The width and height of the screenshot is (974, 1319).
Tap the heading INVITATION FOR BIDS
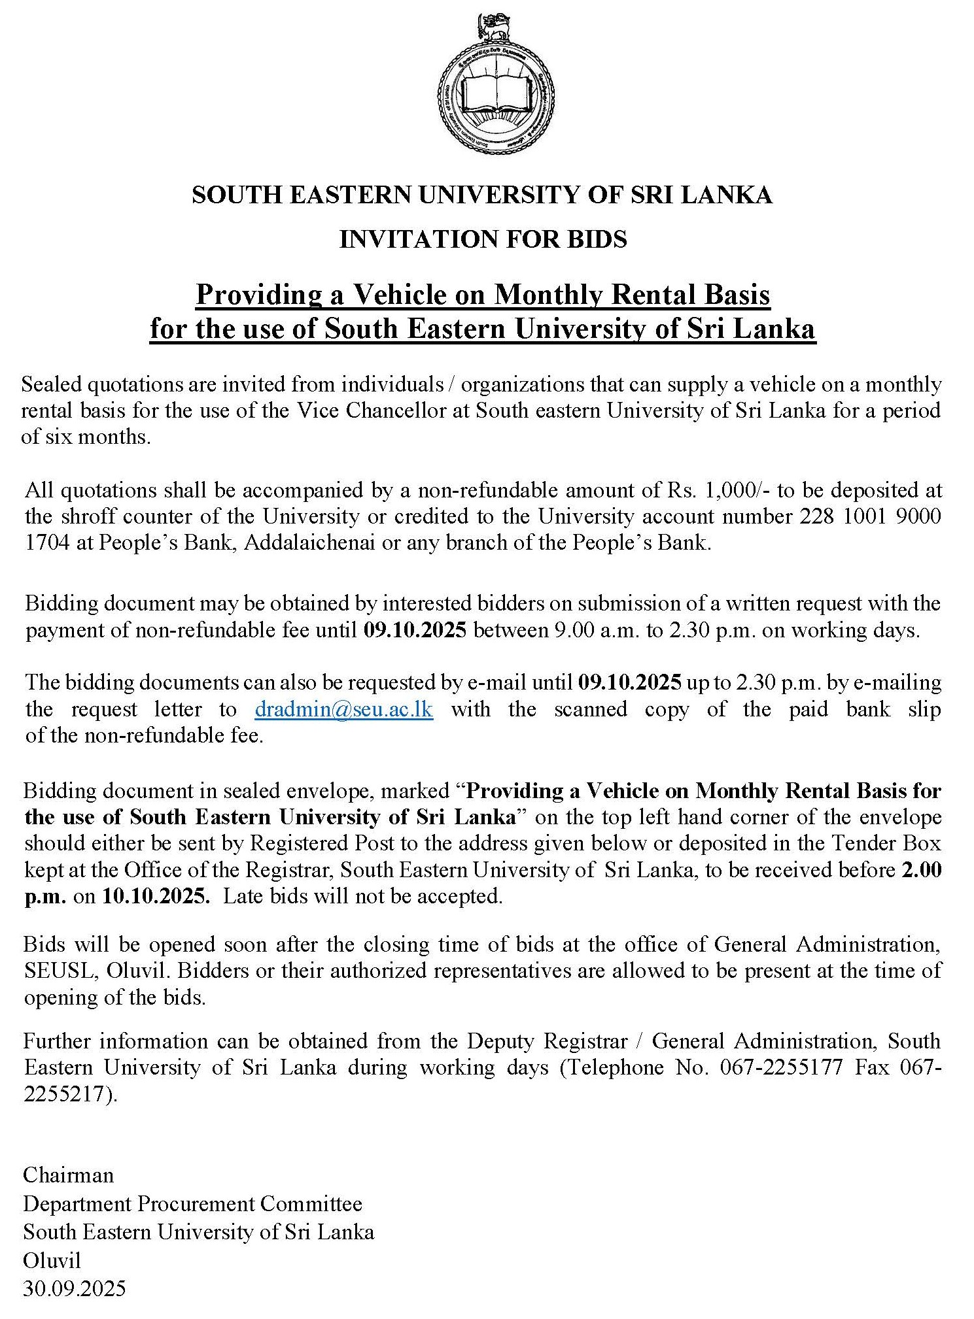coord(483,239)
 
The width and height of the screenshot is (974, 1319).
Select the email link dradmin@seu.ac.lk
coord(344,709)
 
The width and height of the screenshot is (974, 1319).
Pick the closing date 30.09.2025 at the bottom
coord(75,1288)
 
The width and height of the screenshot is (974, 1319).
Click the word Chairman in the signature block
coord(69,1175)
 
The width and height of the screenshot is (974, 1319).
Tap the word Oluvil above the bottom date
coord(52,1260)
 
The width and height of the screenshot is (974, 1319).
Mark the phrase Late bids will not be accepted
coord(363,896)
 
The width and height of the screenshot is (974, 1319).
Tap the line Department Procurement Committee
coord(193,1203)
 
